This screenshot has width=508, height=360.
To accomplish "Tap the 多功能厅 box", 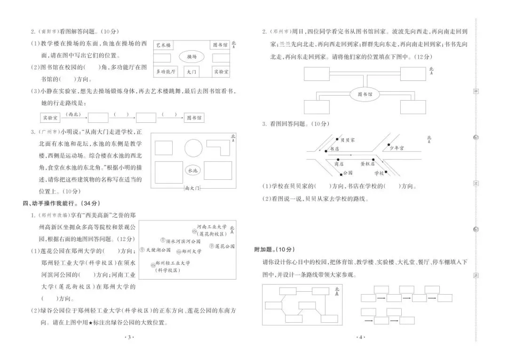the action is (166, 72).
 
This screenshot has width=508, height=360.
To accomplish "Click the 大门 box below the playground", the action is (191, 72).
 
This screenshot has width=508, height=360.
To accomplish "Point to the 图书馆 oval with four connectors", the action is (365, 95).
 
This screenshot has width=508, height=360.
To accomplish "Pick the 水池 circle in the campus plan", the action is (192, 170).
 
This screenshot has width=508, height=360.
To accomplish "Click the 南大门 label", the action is (193, 188).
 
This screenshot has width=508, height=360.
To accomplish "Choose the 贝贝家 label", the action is (347, 140).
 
